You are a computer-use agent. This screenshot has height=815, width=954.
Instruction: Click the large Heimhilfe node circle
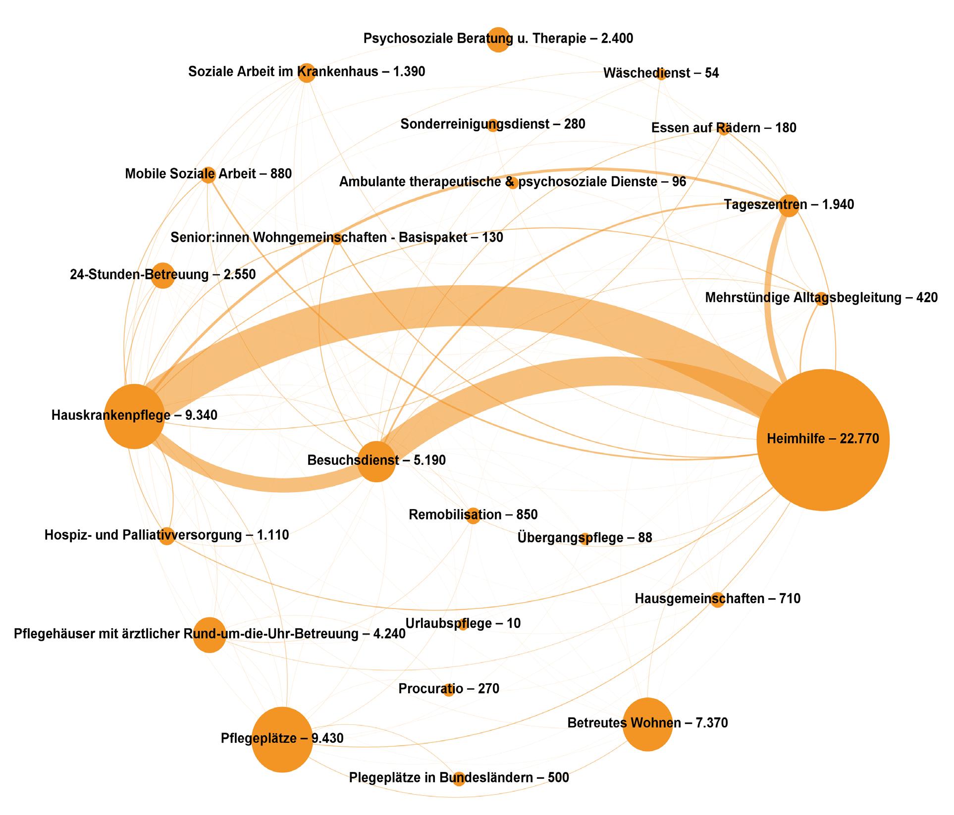point(823,440)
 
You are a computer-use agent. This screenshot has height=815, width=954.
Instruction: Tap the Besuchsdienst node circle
point(376,461)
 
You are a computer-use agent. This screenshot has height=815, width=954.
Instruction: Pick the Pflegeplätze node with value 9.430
point(282,740)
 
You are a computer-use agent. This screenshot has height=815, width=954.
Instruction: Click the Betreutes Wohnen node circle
point(647,724)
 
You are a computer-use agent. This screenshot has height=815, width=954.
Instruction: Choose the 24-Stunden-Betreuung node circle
point(163,275)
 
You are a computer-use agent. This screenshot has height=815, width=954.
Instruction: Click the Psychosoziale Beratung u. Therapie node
point(498,40)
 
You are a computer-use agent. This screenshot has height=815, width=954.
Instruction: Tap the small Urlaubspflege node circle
point(463,624)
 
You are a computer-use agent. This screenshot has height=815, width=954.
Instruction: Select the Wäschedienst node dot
point(661,74)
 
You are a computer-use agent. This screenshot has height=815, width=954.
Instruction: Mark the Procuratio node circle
point(449,689)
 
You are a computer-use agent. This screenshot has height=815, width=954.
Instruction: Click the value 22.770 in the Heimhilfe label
point(859,439)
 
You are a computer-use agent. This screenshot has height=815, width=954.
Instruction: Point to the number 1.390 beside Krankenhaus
point(409,72)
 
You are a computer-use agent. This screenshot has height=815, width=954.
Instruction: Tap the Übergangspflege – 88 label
point(584,538)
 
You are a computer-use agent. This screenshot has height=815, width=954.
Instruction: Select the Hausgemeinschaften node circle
point(717,600)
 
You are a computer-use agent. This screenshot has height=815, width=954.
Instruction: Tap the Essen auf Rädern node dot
point(724,129)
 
